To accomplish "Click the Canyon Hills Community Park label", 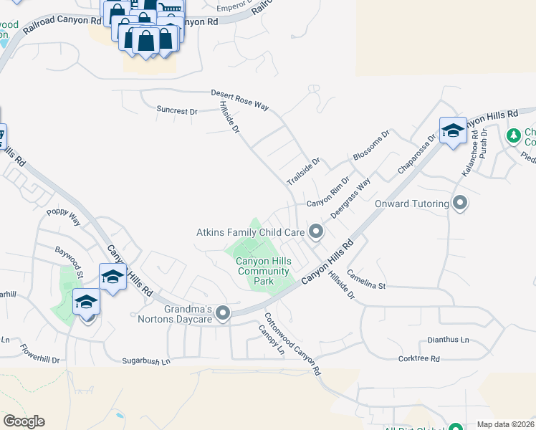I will (264, 271).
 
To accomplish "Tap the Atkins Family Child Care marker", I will (316, 231).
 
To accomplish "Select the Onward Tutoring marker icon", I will (460, 204).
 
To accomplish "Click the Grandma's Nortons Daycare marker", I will (224, 313).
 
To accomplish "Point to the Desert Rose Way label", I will (239, 100).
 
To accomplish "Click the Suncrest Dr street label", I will (176, 111).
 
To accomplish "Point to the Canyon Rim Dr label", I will (328, 193).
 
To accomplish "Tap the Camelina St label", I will (366, 279).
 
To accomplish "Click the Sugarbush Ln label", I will (146, 361).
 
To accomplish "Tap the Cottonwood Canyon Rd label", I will (292, 345).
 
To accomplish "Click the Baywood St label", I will (70, 262).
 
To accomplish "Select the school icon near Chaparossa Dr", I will (453, 130).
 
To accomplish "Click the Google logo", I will (24, 421).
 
